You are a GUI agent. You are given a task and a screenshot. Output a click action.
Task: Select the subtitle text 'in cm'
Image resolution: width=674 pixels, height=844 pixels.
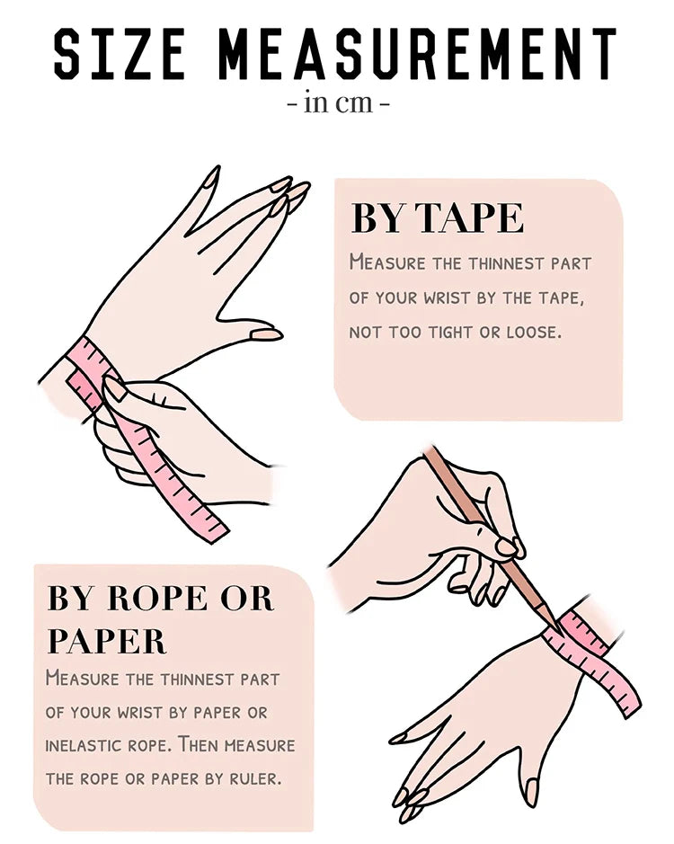[338, 102]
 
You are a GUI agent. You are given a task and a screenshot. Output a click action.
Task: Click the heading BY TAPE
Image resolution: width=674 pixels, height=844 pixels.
[437, 218]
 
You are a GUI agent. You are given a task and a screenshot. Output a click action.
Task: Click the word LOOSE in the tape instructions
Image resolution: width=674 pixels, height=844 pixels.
[533, 333]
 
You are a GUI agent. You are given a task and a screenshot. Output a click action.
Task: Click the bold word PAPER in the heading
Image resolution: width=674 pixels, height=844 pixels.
[107, 641]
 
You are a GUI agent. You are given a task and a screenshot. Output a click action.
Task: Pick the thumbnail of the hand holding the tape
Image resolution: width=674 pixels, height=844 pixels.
[114, 388]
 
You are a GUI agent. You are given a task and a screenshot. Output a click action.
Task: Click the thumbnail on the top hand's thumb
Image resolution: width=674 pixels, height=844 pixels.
[266, 334]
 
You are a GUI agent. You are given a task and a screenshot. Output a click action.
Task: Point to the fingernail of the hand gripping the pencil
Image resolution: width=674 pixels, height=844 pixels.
[507, 546]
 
